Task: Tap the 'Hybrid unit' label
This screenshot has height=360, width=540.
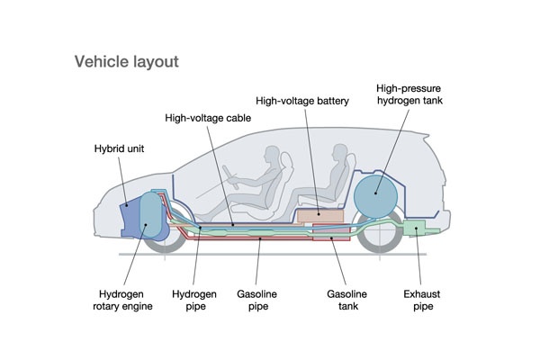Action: pyautogui.click(x=121, y=148)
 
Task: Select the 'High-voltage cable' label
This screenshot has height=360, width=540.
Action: pyautogui.click(x=209, y=117)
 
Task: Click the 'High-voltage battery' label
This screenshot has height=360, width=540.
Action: pyautogui.click(x=301, y=101)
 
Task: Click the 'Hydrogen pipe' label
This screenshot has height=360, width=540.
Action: pyautogui.click(x=195, y=300)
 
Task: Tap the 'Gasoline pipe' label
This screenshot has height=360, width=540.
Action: pyautogui.click(x=260, y=300)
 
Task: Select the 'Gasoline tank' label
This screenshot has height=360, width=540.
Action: pyautogui.click(x=346, y=300)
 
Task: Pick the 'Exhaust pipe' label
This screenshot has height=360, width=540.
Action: pyautogui.click(x=423, y=300)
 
